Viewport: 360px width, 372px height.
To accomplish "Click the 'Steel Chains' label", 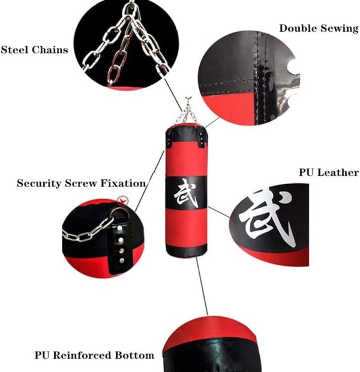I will point(34,50).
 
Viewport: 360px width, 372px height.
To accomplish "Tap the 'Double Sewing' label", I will point(319,28).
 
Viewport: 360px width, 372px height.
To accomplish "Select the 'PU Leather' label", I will point(328,173).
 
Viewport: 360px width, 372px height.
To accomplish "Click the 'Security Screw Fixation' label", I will point(81,183).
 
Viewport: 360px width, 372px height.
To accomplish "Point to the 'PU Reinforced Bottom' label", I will point(94,355).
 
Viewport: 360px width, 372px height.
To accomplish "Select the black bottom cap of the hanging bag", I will point(186,250).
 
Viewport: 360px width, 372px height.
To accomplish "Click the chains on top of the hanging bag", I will point(186,115).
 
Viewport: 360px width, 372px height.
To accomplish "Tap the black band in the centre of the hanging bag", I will point(186,193).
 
